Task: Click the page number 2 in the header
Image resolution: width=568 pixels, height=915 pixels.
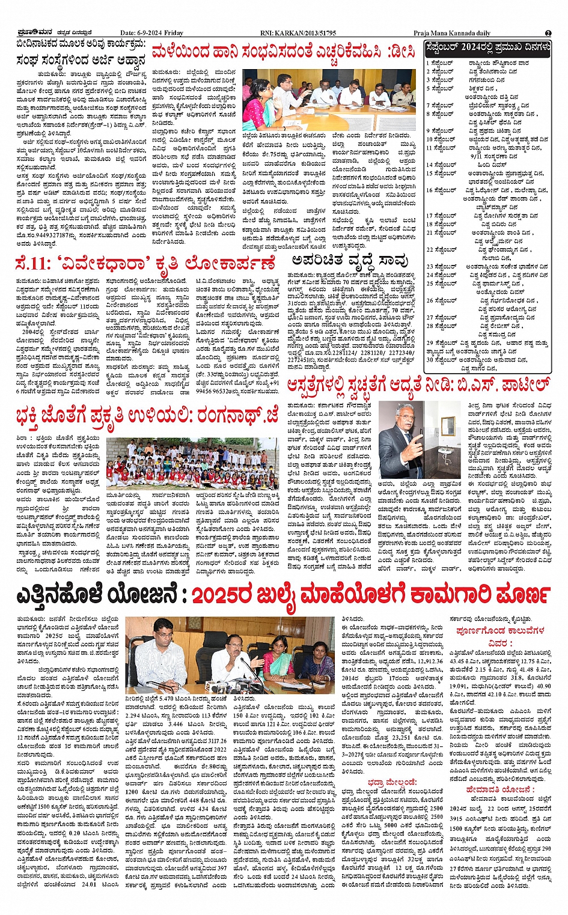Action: tap(548, 34)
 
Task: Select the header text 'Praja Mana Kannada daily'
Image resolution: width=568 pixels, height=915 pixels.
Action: tap(451, 34)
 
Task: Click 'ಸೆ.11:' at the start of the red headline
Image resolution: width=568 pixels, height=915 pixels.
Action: tap(35, 264)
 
